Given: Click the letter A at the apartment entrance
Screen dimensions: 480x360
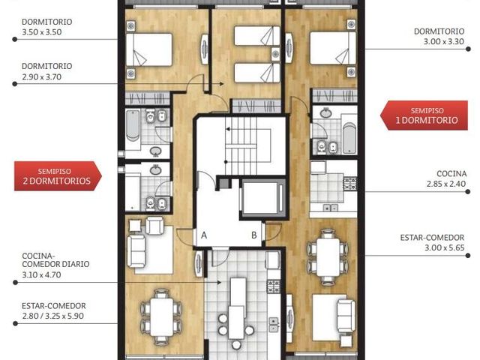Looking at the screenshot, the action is [204, 235].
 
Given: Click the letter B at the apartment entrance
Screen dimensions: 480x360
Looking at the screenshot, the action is [254, 235].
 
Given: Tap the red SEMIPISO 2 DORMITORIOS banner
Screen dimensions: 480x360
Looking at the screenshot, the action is [58, 176].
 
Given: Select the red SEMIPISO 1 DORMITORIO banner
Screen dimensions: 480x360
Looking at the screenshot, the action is [424, 115].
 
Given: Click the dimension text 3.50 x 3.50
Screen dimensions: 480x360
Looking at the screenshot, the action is [42, 32].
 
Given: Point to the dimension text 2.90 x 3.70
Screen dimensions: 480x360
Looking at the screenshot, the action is [42, 76].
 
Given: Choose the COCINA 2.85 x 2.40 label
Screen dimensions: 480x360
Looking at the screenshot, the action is [446, 178].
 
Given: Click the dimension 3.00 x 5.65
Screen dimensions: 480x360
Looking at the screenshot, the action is [444, 247].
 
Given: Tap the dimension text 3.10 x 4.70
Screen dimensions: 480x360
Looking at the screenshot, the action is [42, 275].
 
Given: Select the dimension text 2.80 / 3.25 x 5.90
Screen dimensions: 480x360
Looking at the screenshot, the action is [52, 316].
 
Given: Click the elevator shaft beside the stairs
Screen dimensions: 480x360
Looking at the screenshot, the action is [262, 198].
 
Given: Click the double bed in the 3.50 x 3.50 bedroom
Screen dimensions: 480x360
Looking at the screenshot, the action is [149, 49].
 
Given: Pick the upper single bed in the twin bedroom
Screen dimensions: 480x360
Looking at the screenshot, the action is [257, 36].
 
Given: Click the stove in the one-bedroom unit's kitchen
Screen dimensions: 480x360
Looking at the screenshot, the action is [350, 184].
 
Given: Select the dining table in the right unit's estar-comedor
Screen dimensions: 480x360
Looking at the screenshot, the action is [328, 257].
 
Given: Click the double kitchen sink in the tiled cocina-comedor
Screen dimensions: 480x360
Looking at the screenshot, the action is [273, 325].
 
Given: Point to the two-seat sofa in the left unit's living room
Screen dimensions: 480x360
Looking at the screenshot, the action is [136, 251].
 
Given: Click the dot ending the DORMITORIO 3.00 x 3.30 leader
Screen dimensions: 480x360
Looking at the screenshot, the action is [468, 49].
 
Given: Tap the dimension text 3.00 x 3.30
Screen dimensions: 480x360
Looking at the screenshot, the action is [444, 42].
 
